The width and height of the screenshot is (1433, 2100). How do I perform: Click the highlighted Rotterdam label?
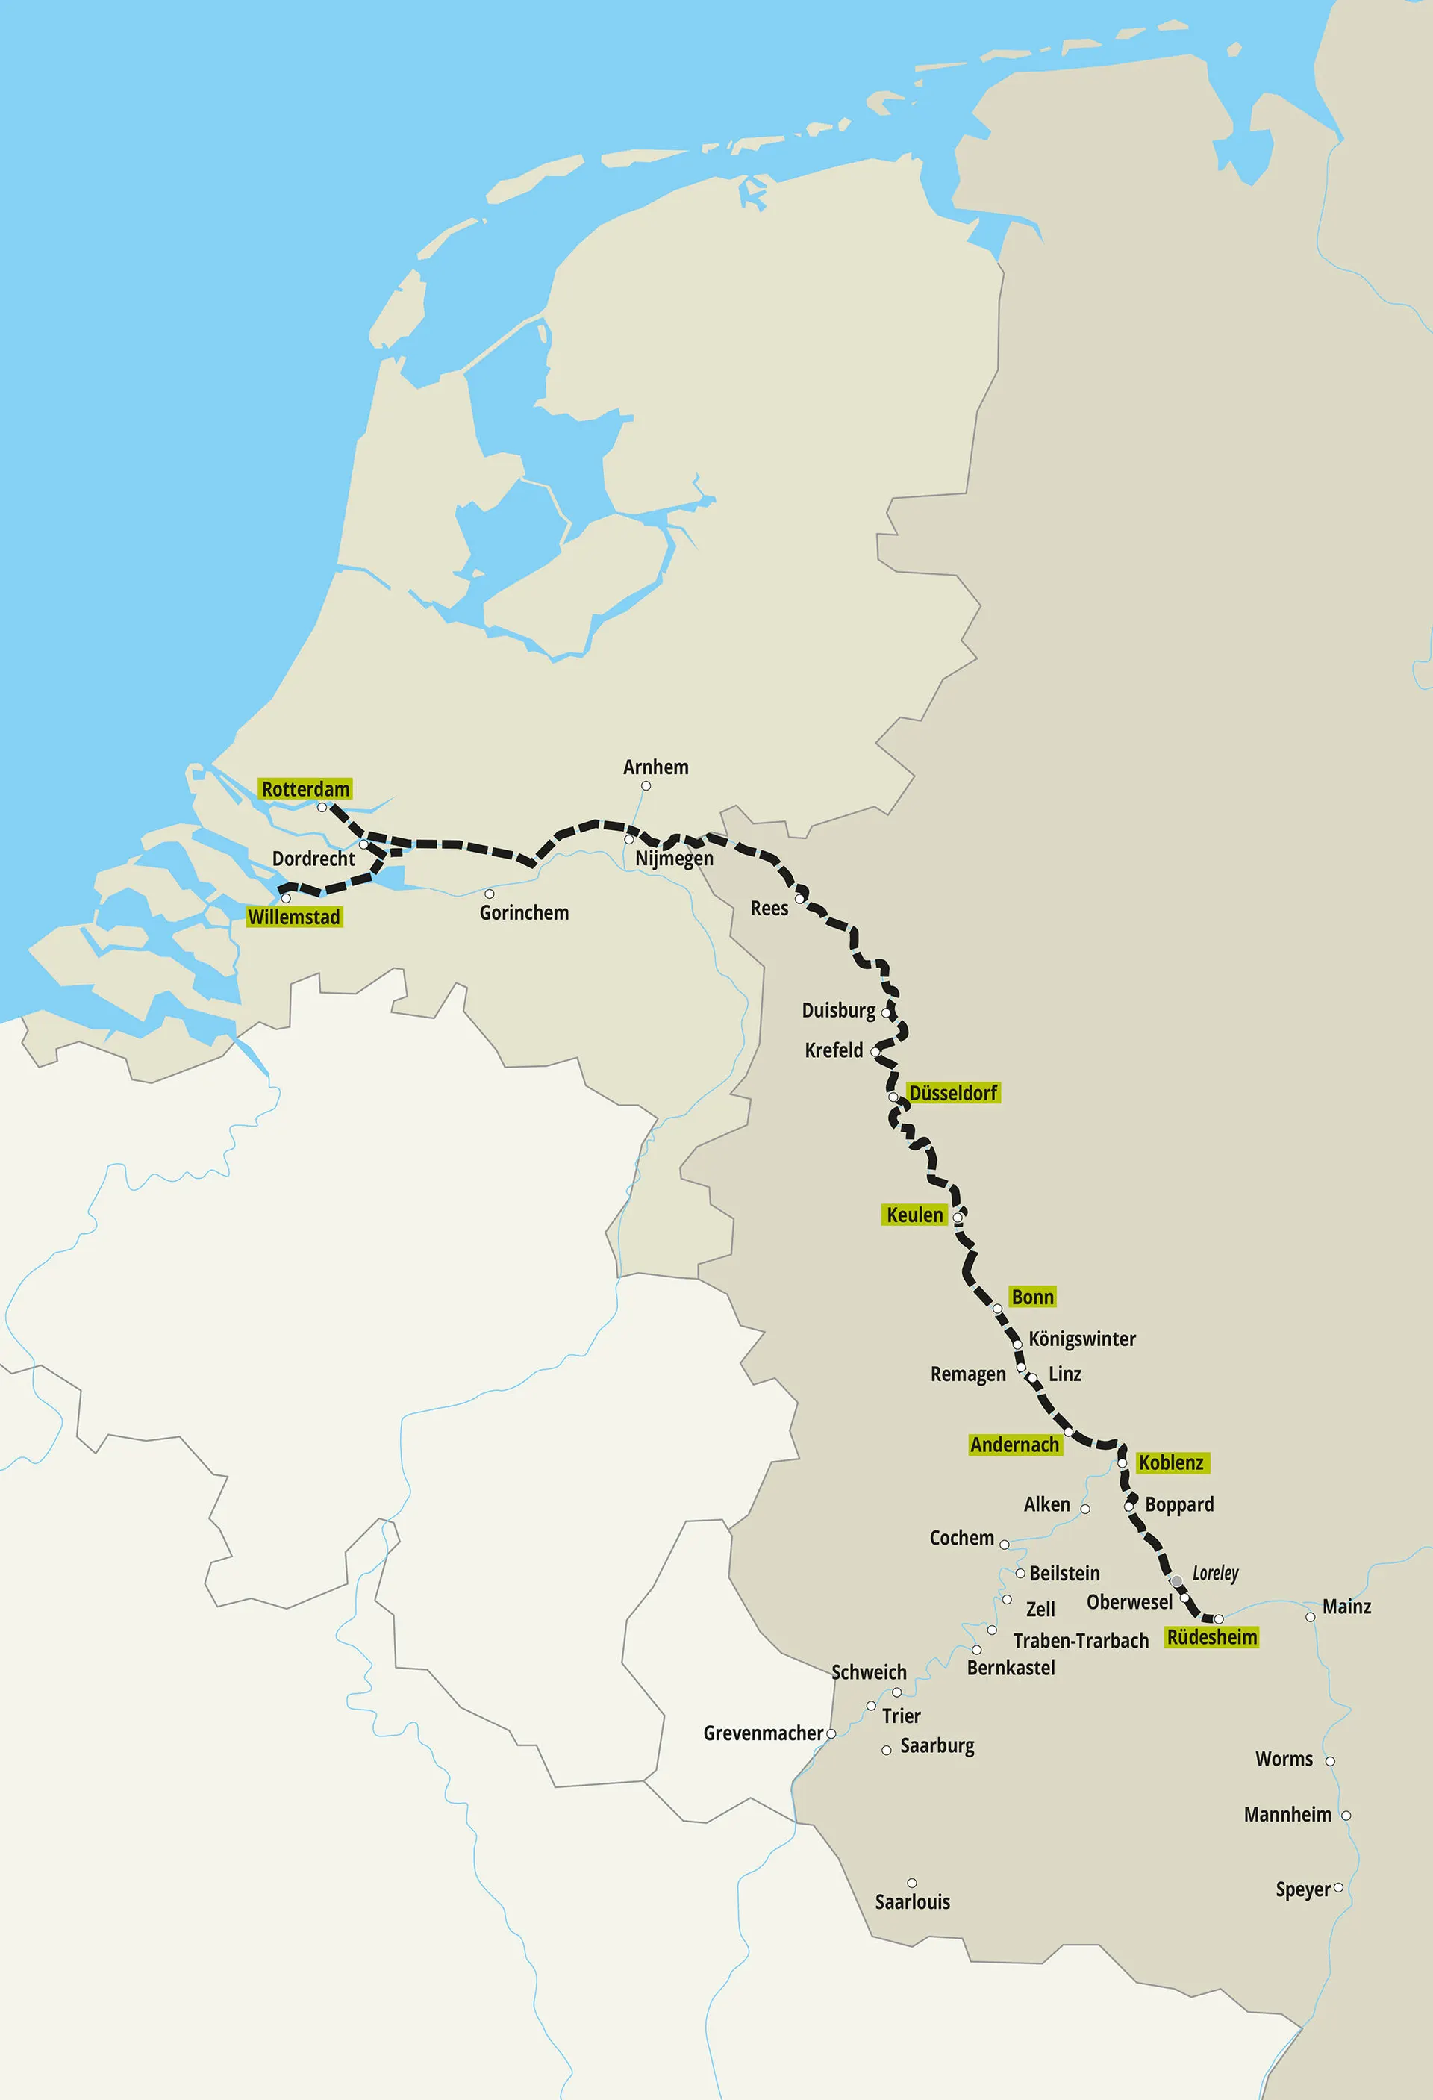point(305,789)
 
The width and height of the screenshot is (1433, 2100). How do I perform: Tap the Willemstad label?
point(295,917)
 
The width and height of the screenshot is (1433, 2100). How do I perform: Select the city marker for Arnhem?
point(646,786)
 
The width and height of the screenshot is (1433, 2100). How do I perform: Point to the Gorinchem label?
point(524,913)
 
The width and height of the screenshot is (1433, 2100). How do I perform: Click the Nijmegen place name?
point(674,859)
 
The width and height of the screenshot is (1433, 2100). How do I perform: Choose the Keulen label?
point(914,1215)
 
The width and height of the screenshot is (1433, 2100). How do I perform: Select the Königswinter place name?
point(1082,1339)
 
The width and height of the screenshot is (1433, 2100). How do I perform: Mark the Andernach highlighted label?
point(1014,1445)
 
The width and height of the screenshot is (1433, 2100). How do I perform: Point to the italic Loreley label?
point(1215,1573)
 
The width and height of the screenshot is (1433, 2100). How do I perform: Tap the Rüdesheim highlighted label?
point(1211,1637)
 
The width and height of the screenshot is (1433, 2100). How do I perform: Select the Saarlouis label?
point(913,1902)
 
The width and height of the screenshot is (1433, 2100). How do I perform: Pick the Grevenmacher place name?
point(764,1733)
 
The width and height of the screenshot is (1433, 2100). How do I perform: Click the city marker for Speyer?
point(1338,1888)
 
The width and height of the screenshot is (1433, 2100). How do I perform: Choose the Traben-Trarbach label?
point(1081,1641)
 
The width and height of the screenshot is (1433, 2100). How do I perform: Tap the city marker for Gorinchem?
point(490,894)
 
